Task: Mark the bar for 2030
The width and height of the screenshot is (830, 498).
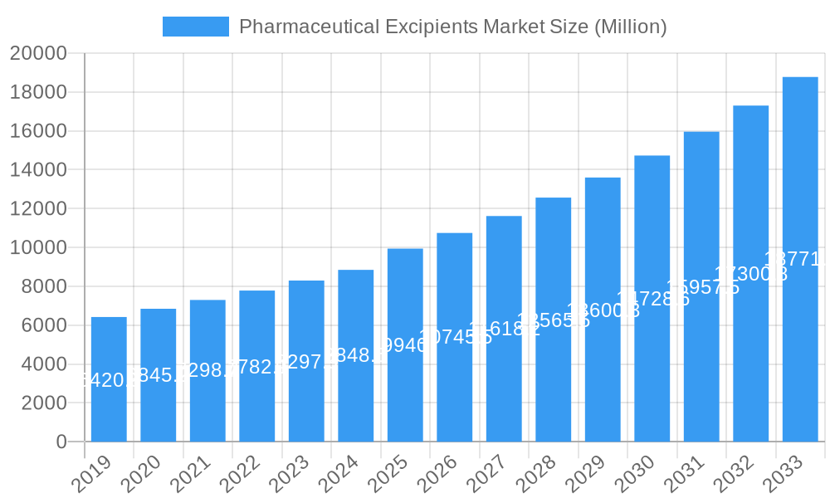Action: tap(652, 299)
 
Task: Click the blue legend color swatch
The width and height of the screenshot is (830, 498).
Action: tap(196, 27)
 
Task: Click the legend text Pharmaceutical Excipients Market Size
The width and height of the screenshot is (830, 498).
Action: tap(452, 27)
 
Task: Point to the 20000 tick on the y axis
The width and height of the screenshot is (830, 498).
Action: tap(38, 54)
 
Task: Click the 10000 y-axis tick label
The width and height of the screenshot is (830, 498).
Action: tap(38, 247)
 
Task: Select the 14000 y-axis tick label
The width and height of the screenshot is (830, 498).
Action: tap(38, 170)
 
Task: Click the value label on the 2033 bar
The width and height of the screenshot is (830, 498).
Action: tap(797, 259)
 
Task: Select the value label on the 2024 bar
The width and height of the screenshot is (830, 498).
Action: tap(356, 355)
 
